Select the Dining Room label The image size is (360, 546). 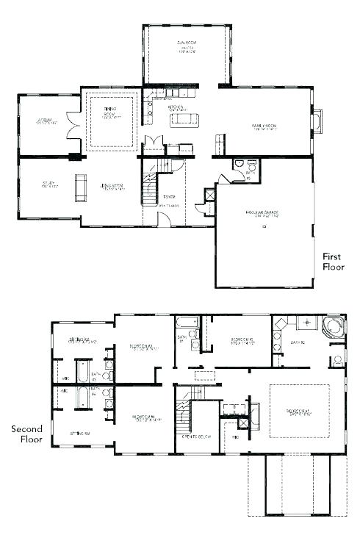109,115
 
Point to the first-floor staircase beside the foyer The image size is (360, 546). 151,187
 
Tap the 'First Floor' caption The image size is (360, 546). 333,262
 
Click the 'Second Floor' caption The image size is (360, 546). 26,434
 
